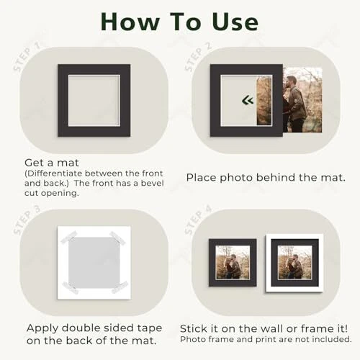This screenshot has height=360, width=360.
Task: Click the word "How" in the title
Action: click(130, 22)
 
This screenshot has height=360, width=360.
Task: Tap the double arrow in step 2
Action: click(248, 100)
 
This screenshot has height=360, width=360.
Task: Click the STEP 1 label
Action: click(26, 57)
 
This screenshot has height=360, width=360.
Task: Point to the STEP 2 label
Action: click(198, 57)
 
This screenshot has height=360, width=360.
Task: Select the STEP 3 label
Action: click(26, 220)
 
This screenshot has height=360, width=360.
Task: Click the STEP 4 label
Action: click(198, 220)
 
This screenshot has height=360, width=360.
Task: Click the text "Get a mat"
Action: click(52, 163)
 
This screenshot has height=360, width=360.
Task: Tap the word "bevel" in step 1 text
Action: click(153, 183)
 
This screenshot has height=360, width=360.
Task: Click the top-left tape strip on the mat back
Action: click(68, 238)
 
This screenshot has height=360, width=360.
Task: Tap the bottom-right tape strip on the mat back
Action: click(120, 287)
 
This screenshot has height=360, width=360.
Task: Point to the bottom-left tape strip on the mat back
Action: click(70, 288)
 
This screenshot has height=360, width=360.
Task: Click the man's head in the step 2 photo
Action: click(291, 82)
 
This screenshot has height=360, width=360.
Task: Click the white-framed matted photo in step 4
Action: click(294, 263)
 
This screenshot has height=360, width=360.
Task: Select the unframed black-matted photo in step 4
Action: click(233, 263)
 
